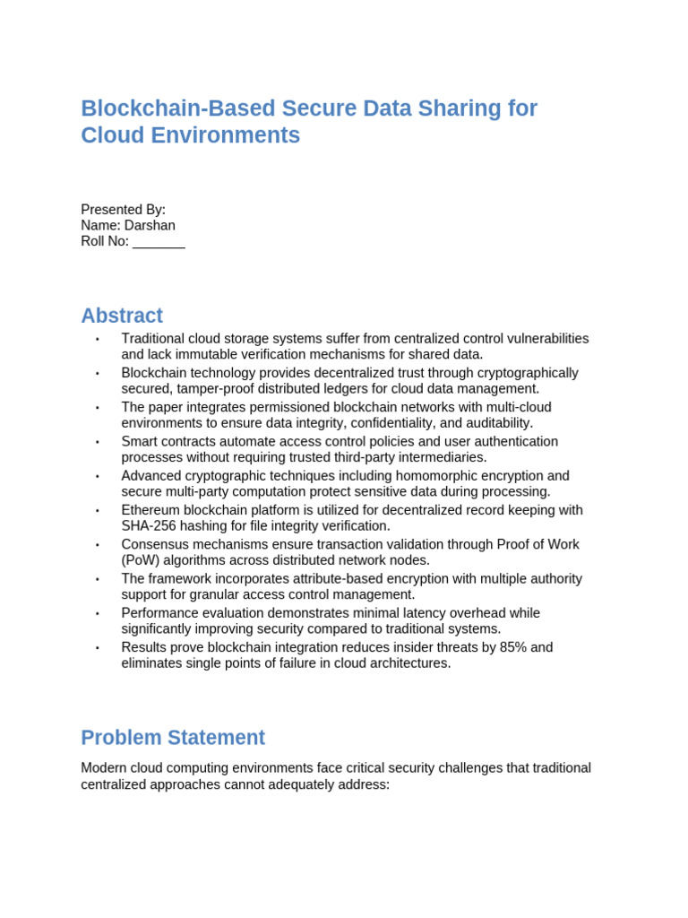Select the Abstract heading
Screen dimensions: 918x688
click(x=122, y=316)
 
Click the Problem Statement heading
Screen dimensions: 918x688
click(x=173, y=738)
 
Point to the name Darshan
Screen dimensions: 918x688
click(x=150, y=225)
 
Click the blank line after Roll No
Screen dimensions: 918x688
click(x=159, y=241)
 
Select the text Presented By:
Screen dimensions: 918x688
click(x=123, y=209)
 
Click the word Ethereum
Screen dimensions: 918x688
click(x=152, y=510)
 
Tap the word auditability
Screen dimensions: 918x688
click(x=495, y=423)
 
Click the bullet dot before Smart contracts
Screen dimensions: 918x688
click(x=98, y=442)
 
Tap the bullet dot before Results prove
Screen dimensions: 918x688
click(x=98, y=648)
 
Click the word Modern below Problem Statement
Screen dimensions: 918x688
click(x=104, y=768)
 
